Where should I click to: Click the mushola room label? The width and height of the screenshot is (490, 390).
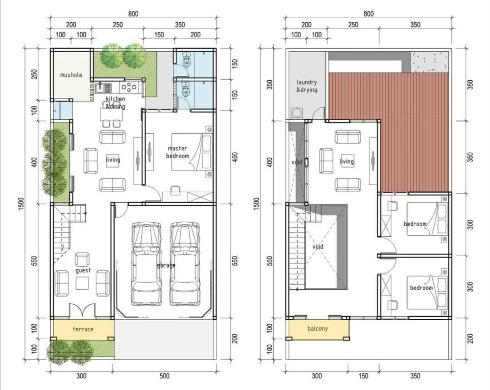(71, 75)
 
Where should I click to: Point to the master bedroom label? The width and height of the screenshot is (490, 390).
(177, 152)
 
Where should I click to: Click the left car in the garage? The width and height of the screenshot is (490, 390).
(146, 263)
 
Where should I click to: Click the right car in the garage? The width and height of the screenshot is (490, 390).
(185, 263)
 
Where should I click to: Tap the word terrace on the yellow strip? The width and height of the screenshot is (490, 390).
(83, 329)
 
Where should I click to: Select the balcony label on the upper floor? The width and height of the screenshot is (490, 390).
(318, 328)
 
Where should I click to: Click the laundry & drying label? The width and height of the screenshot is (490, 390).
(307, 86)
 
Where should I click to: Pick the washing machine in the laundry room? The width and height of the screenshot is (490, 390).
(297, 113)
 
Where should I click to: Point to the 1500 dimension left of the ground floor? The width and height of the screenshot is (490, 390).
(21, 204)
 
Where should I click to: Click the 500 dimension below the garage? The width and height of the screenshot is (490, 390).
(164, 376)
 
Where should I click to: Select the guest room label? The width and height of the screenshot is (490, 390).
(83, 270)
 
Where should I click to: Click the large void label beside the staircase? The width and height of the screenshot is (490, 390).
(318, 247)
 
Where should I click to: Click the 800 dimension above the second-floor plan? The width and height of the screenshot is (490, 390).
(368, 14)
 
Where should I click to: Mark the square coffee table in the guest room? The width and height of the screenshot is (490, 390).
(82, 283)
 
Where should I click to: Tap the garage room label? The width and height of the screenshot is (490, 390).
(166, 266)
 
